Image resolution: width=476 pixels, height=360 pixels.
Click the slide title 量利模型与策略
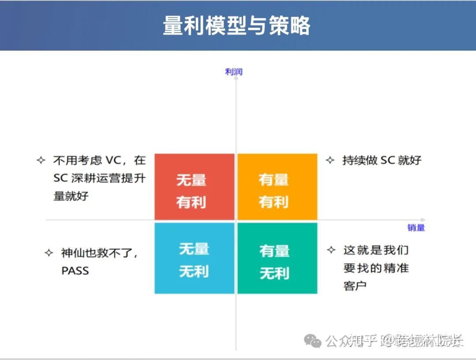[x=237, y=26]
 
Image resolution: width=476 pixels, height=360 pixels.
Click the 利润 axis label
[x=234, y=72]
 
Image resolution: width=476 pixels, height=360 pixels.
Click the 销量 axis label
[x=416, y=227]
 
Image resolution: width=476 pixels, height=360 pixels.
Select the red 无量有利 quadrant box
[x=194, y=186]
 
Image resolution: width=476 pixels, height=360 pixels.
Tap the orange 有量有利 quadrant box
[x=277, y=186]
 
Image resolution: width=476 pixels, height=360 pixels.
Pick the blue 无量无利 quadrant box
[x=194, y=258]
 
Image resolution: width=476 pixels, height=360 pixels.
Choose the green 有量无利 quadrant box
[x=277, y=258]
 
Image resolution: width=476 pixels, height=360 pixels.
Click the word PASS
[x=75, y=271]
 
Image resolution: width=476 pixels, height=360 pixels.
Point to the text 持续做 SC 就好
[x=382, y=160]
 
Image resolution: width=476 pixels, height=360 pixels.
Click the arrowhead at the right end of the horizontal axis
[x=423, y=219]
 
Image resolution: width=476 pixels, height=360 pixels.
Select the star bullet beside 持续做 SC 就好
[x=330, y=160]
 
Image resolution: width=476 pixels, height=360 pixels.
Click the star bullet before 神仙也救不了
[x=49, y=253]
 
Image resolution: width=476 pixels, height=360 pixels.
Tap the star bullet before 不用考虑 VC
[x=41, y=160]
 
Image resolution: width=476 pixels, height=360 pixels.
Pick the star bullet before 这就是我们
[x=331, y=250]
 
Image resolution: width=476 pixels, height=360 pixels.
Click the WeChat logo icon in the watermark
[x=314, y=341]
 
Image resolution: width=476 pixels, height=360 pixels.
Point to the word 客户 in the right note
[x=355, y=286]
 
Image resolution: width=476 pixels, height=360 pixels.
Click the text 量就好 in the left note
[x=71, y=196]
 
